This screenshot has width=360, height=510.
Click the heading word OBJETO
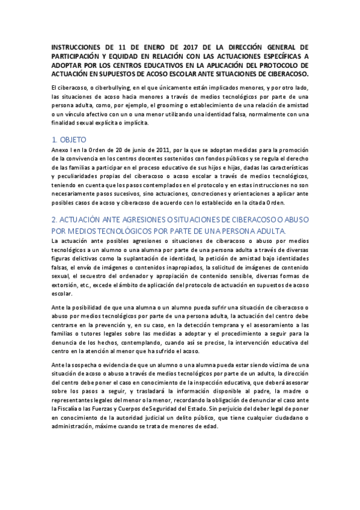tap(70, 139)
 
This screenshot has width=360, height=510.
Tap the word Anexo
tap(61, 150)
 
